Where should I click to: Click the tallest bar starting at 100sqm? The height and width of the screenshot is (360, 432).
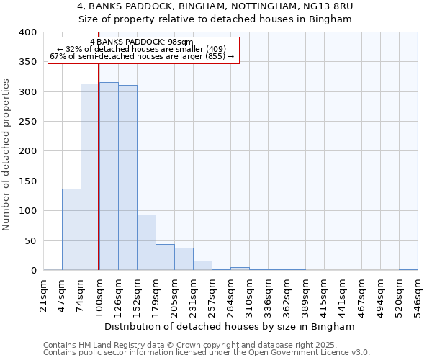(109, 176)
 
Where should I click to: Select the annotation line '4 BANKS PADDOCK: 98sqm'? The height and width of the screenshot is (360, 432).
(141, 42)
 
